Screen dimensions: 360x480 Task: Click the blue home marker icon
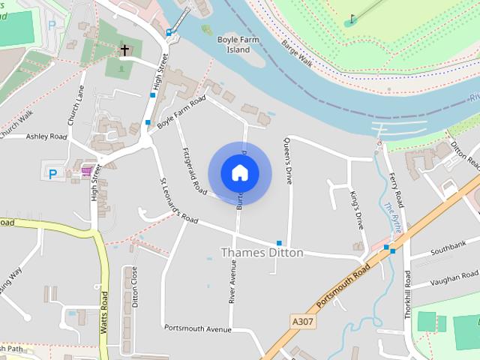[239, 172]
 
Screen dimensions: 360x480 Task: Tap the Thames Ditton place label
[262, 253]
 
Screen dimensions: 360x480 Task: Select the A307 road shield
[301, 320]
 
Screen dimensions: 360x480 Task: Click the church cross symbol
[124, 50]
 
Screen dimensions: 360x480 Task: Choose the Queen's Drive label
[288, 160]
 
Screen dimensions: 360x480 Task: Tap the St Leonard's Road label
[178, 200]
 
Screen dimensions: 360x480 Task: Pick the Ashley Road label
[46, 136]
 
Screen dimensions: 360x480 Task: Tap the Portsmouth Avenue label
[197, 328]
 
